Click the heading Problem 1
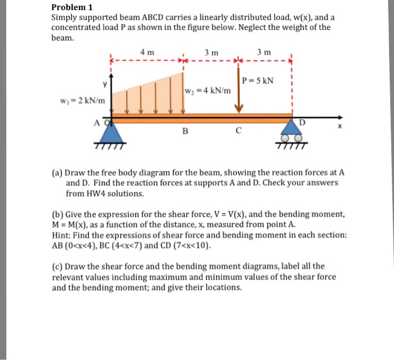[71, 7]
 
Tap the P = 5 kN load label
[258, 81]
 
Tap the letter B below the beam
[185, 133]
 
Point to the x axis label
[338, 127]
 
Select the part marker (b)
[57, 215]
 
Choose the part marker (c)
[57, 266]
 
